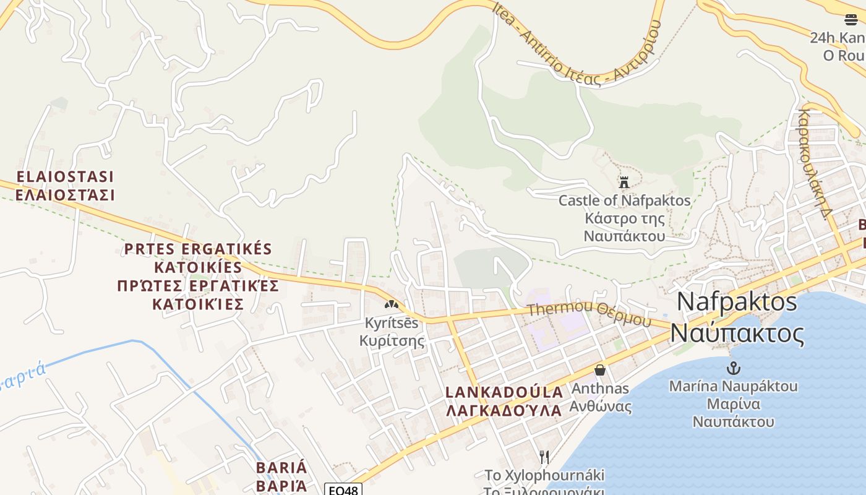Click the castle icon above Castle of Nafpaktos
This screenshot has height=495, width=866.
(x=624, y=182)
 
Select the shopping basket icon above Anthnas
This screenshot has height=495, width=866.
(x=599, y=370)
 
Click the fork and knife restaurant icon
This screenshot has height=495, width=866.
(x=544, y=457)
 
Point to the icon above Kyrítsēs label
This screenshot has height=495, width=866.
(x=391, y=304)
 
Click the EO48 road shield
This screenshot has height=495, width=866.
(x=343, y=489)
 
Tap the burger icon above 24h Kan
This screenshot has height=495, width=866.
(x=851, y=19)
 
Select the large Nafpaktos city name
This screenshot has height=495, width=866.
(x=737, y=301)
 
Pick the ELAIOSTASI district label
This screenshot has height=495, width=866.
(x=66, y=177)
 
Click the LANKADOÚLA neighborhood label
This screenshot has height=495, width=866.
(x=504, y=392)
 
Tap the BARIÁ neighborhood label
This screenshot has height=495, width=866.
(x=281, y=467)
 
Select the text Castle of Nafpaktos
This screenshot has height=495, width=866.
(x=624, y=200)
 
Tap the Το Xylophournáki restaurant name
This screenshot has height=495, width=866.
(x=544, y=475)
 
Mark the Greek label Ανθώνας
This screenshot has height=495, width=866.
(x=600, y=407)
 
